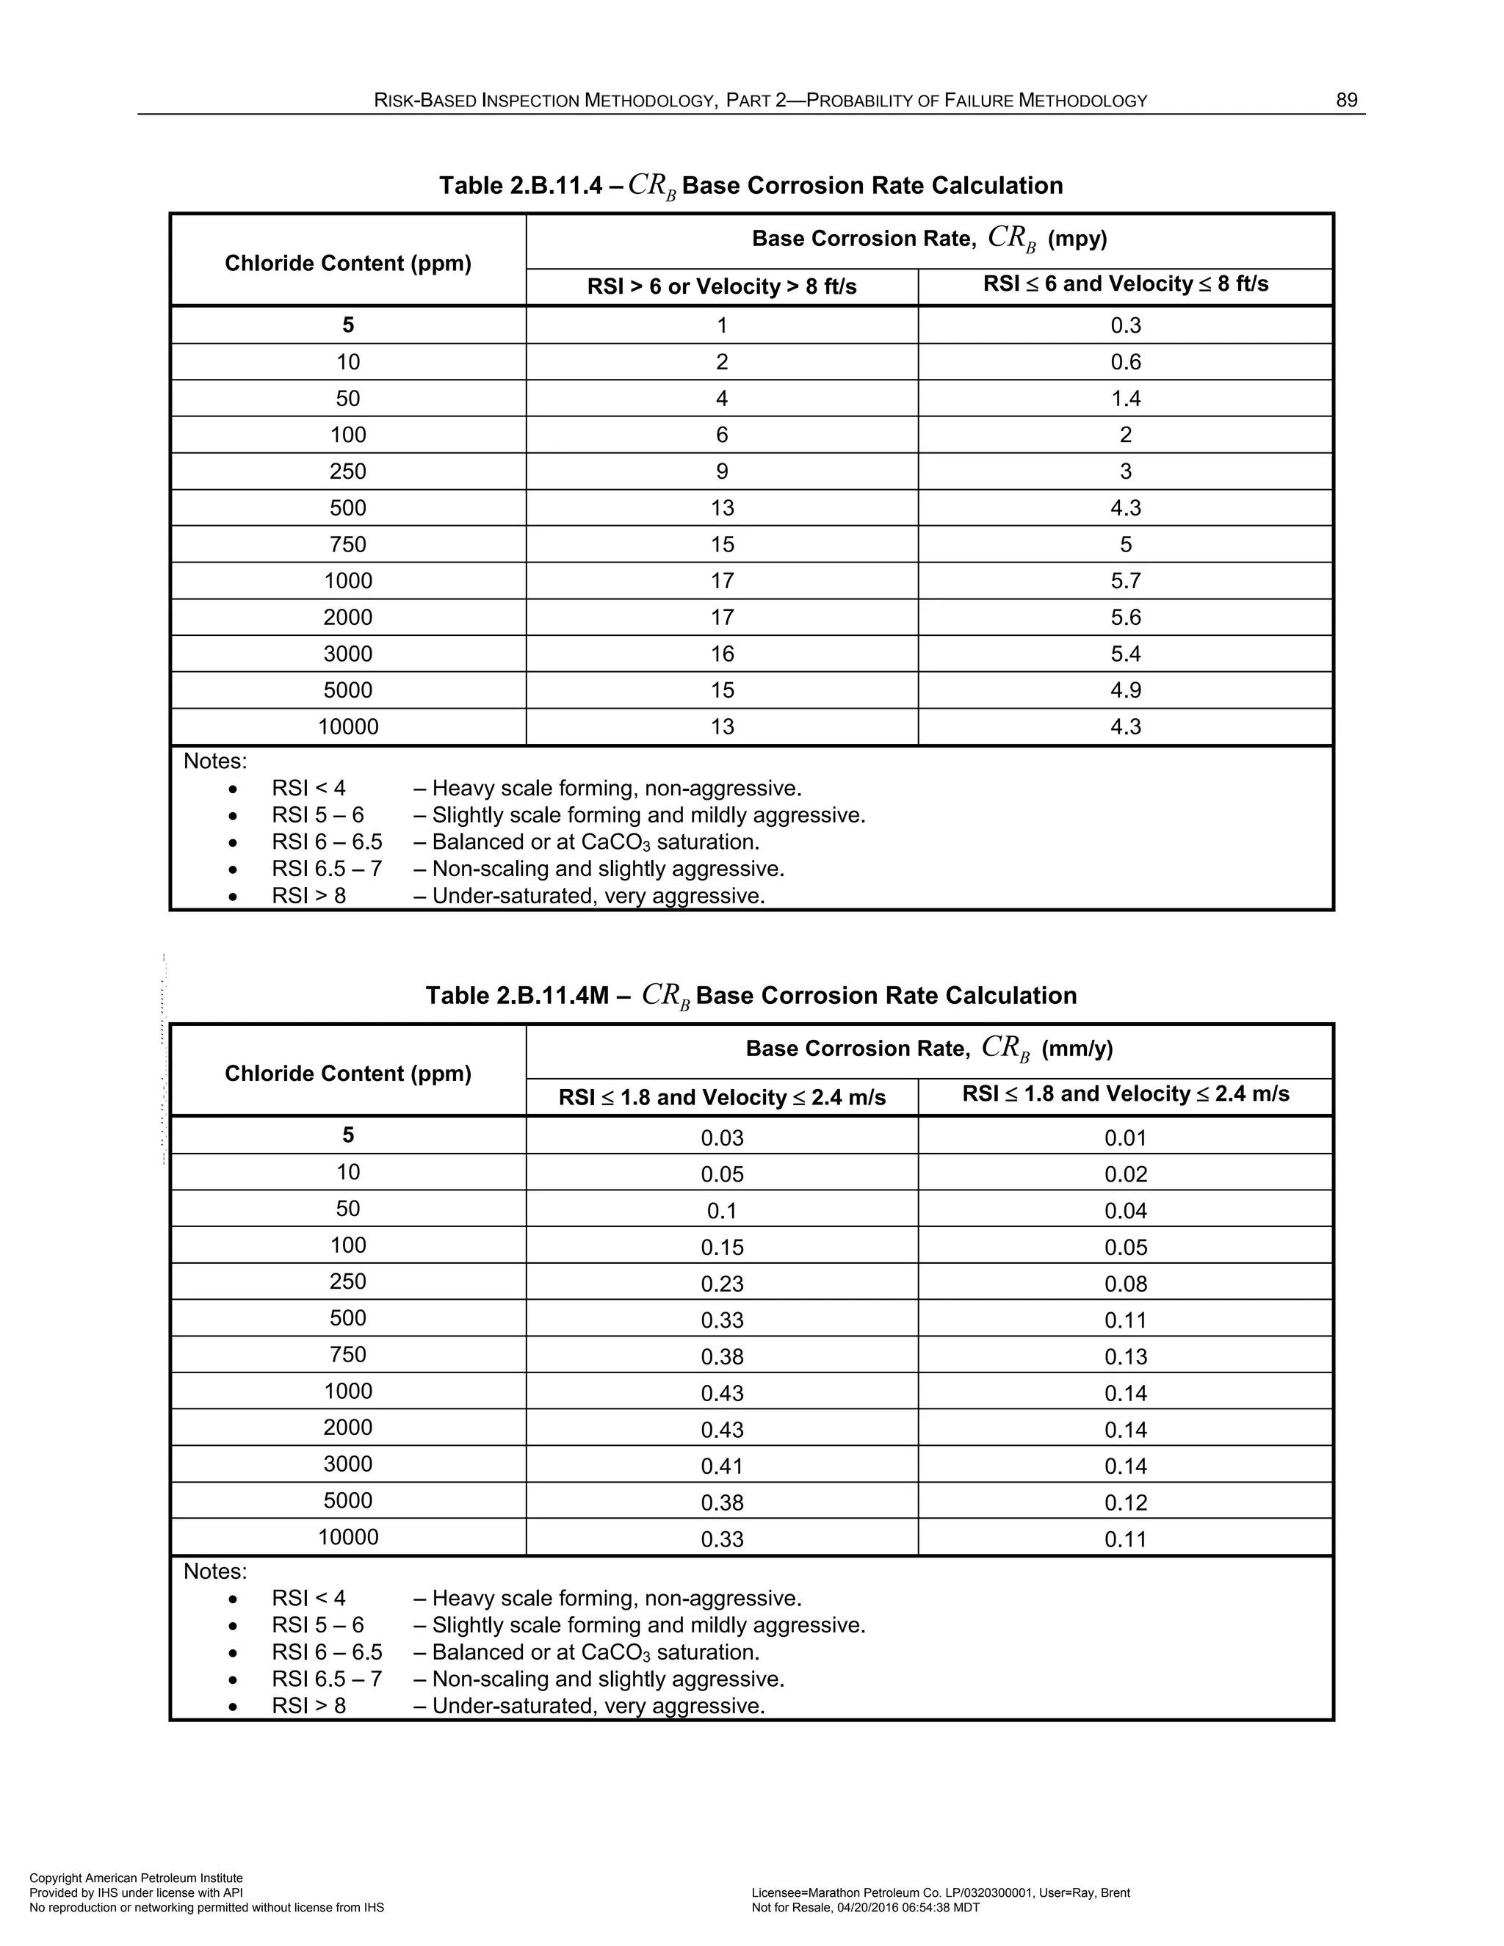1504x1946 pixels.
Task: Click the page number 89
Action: pos(1345,101)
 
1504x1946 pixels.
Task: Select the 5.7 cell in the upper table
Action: pos(1125,581)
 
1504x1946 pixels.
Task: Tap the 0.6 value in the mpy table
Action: pos(1125,362)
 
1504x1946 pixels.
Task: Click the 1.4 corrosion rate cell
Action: pos(1125,398)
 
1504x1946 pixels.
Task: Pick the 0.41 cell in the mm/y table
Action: pos(722,1466)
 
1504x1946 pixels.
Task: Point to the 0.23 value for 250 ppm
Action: pos(722,1283)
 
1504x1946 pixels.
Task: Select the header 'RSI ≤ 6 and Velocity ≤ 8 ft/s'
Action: pos(1125,284)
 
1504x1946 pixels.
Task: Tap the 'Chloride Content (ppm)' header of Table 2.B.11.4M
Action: pos(347,1073)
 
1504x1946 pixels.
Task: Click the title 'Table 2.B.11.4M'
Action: pos(517,995)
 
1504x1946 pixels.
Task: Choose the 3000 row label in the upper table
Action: pos(347,654)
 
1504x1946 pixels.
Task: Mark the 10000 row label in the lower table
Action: pos(347,1537)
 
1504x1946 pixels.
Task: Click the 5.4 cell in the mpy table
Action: pos(1125,654)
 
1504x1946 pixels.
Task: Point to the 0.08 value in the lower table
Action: pos(1125,1283)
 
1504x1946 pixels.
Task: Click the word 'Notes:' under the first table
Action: pos(214,762)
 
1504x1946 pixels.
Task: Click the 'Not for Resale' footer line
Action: pos(865,1908)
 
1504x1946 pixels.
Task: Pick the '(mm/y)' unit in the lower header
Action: pos(1077,1049)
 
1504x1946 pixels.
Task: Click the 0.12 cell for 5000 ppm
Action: pos(1125,1502)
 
